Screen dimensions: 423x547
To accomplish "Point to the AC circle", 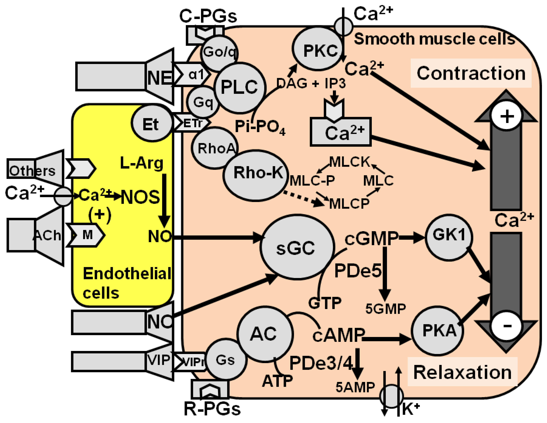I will pos(265,334).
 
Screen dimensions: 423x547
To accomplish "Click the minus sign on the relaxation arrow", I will pos(506,326).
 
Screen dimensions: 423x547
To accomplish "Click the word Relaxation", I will pos(462,372).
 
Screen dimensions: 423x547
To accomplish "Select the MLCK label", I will pos(349,162).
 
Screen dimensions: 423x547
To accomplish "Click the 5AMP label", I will pos(355,387).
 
